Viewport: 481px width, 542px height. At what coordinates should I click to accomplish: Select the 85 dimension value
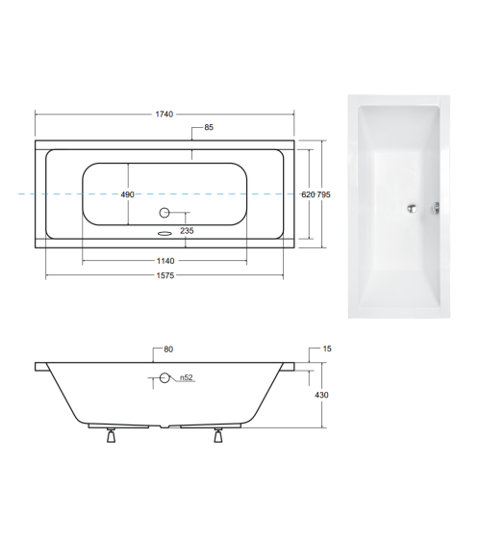click(x=209, y=128)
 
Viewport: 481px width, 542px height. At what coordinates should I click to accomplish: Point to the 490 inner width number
click(x=127, y=194)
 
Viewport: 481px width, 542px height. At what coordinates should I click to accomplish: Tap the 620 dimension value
click(x=307, y=194)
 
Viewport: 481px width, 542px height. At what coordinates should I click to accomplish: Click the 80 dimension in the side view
click(x=169, y=349)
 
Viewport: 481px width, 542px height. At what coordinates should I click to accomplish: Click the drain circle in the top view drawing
click(x=164, y=213)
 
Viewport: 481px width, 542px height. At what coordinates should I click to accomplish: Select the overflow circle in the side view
click(x=165, y=378)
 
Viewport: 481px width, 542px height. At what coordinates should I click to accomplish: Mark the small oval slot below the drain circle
click(x=164, y=231)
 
